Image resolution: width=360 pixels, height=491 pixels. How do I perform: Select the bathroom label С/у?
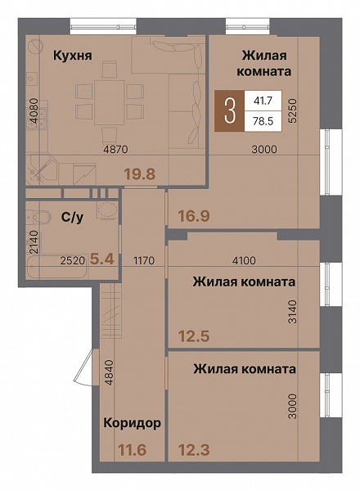[x=70, y=217]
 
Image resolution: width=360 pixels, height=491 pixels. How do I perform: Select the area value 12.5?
[x=194, y=334]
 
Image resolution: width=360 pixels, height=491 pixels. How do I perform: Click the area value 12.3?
[x=194, y=450]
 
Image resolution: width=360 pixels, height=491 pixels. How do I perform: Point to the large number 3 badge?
[x=232, y=110]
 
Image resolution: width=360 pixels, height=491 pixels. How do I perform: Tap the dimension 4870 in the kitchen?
[x=118, y=150]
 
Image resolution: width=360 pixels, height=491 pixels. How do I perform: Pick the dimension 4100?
[x=244, y=261]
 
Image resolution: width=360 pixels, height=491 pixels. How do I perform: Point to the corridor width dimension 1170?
[x=143, y=261]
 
